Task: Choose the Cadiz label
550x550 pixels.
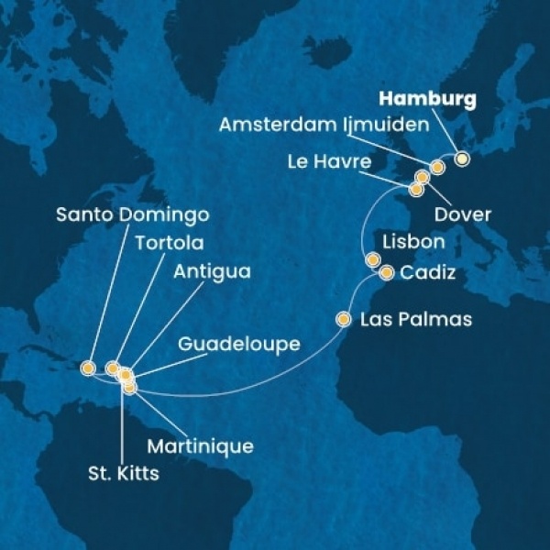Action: [426, 273]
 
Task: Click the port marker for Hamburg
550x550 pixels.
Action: [462, 158]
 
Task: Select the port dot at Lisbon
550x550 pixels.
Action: [373, 259]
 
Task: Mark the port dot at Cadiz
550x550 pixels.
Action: [386, 272]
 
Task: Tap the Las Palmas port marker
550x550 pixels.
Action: [344, 320]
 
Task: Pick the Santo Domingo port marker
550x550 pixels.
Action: [88, 368]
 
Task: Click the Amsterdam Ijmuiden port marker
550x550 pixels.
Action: [437, 167]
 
